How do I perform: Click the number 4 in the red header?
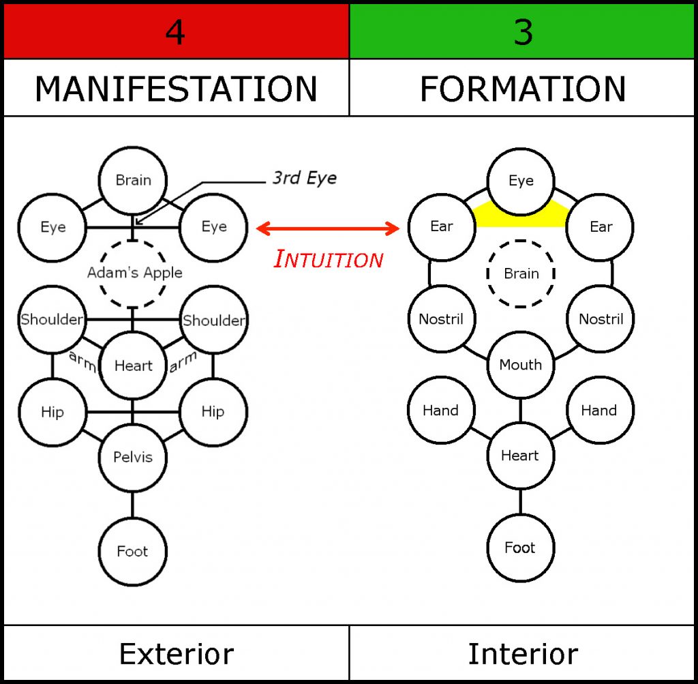175,32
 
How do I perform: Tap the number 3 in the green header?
523,32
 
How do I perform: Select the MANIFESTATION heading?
176,89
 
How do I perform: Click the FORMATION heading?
523,89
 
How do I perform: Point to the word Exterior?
176,654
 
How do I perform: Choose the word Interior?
523,654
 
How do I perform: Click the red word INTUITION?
329,259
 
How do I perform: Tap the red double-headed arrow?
327,228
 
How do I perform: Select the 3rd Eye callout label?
304,179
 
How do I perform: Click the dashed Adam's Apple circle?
134,273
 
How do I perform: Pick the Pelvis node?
133,457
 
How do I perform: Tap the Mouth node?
521,365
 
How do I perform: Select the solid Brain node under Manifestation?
133,181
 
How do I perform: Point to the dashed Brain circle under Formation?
521,273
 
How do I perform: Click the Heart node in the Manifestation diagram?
133,366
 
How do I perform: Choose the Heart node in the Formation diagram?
520,456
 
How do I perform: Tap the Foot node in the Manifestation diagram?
132,551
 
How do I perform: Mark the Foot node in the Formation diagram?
520,548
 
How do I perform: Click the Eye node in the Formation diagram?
521,181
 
